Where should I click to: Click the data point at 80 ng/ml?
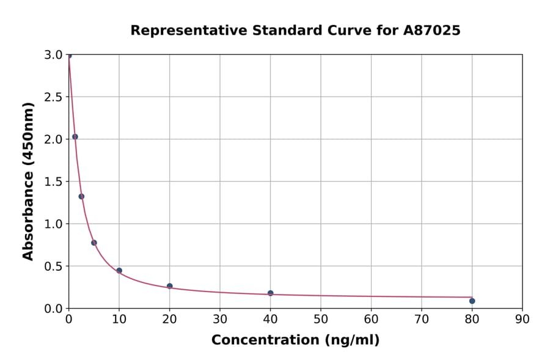point(472,301)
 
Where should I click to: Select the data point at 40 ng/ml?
point(270,293)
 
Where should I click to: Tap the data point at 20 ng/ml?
point(169,286)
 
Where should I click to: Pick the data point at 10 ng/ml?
point(119,271)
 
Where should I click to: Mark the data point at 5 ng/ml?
point(94,243)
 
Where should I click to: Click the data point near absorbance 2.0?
point(75,137)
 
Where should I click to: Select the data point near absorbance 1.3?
point(81,196)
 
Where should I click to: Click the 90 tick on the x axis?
point(522,319)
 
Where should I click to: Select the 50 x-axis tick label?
point(321,319)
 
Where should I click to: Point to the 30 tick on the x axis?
point(220,319)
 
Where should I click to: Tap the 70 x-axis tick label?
point(421,319)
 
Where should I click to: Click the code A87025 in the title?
point(433,31)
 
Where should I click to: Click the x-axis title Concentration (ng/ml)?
point(295,340)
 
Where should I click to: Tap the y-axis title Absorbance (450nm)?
point(28,181)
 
